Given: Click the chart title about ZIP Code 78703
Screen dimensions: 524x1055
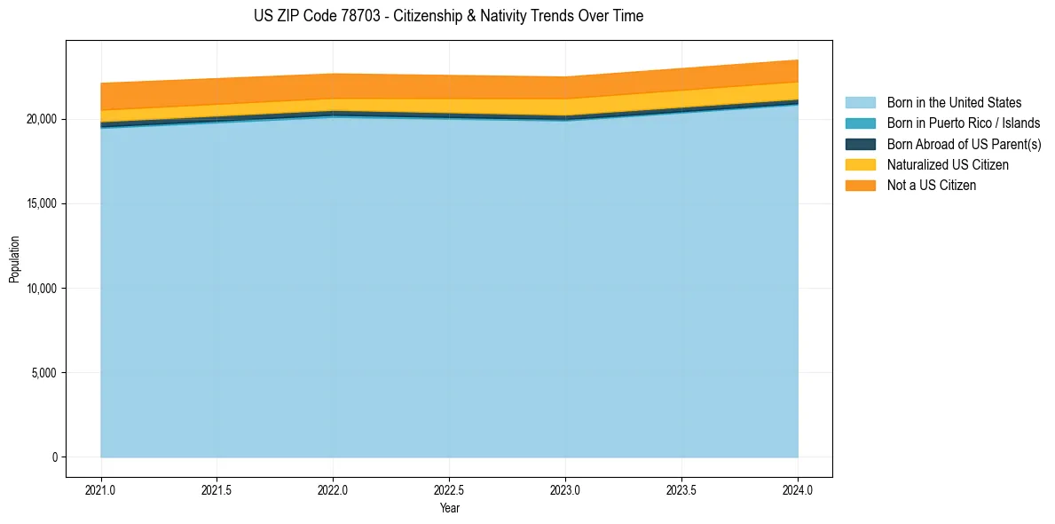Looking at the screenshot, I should click(x=448, y=16).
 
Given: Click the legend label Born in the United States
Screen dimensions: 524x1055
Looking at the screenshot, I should click(x=954, y=103).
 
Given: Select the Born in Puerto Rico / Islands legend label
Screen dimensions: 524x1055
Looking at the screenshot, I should click(x=963, y=123).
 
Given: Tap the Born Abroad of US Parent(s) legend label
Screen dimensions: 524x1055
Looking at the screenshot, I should click(x=964, y=144).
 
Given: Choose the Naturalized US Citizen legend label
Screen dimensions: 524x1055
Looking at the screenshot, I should click(x=948, y=164).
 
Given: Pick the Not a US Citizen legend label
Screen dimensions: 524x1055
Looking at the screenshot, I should click(x=931, y=185).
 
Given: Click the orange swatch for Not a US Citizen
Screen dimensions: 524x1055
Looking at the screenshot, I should click(x=860, y=185).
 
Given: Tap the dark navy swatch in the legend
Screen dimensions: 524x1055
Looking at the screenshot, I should click(x=860, y=144).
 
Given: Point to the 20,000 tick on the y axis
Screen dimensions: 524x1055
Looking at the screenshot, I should click(x=41, y=119).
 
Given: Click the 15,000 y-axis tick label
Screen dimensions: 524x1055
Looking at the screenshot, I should click(x=41, y=203).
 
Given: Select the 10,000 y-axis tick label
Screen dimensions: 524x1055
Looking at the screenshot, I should click(x=41, y=289).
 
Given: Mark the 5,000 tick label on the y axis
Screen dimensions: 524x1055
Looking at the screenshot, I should click(x=43, y=373).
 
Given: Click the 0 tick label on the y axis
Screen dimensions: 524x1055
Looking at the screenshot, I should click(x=53, y=457).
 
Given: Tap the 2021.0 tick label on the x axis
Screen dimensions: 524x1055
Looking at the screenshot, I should click(x=100, y=490).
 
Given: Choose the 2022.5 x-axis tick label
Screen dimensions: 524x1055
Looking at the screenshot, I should click(x=449, y=490).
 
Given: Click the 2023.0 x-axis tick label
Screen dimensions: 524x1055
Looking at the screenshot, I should click(x=565, y=490).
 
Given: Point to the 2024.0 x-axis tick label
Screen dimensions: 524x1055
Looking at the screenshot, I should click(x=798, y=490).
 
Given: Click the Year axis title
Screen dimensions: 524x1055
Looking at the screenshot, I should click(x=449, y=509).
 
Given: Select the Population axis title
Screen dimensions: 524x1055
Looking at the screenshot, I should click(x=14, y=258).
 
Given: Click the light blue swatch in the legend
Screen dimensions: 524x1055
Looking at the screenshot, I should click(x=860, y=103).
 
